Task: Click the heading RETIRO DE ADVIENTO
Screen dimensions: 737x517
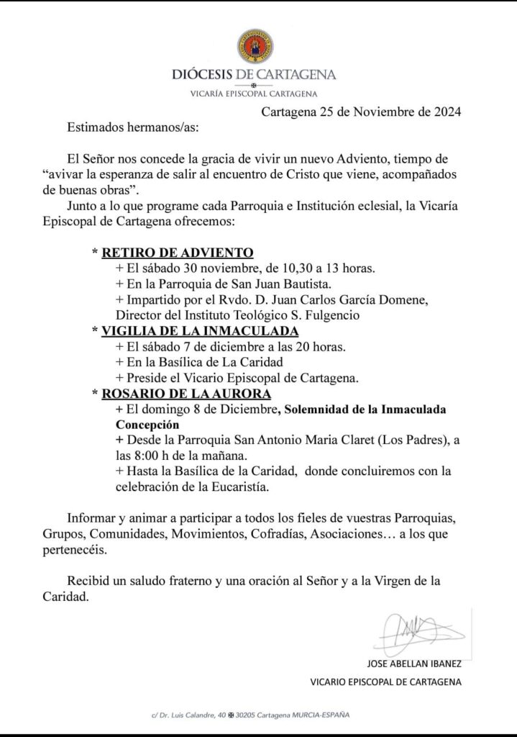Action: click(178, 253)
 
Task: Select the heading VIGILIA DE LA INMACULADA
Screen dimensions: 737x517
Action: click(200, 330)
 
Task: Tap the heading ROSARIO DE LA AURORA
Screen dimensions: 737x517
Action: click(186, 394)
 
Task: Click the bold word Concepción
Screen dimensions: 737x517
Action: click(149, 425)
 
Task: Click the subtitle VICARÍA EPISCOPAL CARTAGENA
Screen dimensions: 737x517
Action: click(255, 93)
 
